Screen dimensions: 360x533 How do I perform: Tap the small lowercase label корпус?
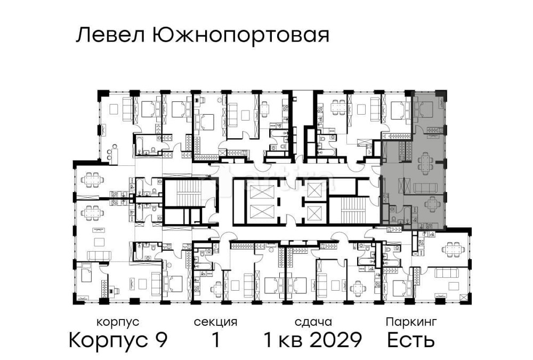pyautogui.click(x=118, y=322)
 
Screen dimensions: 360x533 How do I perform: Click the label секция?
pyautogui.click(x=215, y=322)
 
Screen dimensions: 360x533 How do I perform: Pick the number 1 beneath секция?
pyautogui.click(x=215, y=340)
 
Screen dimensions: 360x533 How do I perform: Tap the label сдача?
pyautogui.click(x=314, y=322)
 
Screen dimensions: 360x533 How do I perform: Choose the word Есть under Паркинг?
pyautogui.click(x=411, y=340)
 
